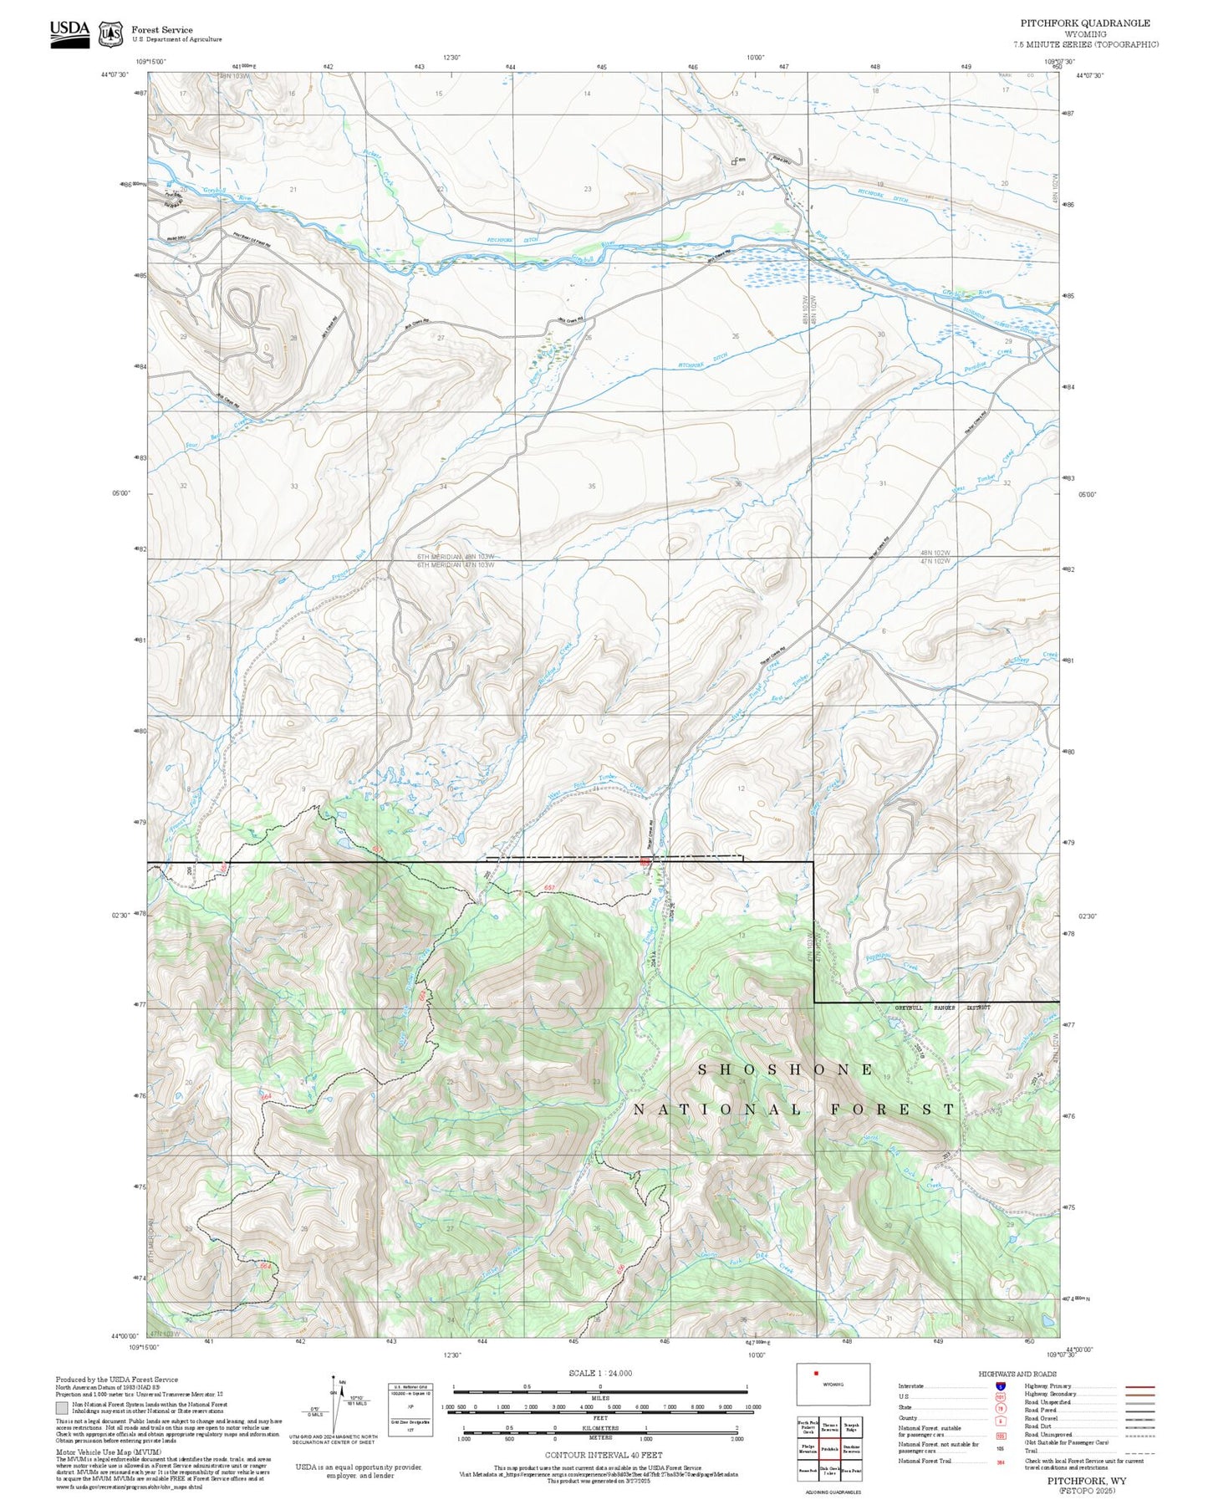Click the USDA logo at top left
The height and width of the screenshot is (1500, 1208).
pos(69,33)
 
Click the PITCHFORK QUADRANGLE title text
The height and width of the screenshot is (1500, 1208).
pos(1084,23)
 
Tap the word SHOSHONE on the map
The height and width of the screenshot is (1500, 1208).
pos(786,1069)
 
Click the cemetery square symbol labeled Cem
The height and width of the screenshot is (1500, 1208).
pos(734,162)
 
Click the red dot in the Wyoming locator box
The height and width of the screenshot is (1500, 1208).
pos(816,1395)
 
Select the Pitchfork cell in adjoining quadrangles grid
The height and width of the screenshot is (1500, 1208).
pos(829,1449)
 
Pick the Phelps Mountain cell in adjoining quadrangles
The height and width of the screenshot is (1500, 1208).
pos(808,1449)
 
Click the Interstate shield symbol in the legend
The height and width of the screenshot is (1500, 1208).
pos(1000,1386)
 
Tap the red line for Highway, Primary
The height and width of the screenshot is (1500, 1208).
pos(1139,1386)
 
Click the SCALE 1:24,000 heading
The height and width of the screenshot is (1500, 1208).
pos(600,1373)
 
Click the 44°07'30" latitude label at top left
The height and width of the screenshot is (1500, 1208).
pos(114,74)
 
